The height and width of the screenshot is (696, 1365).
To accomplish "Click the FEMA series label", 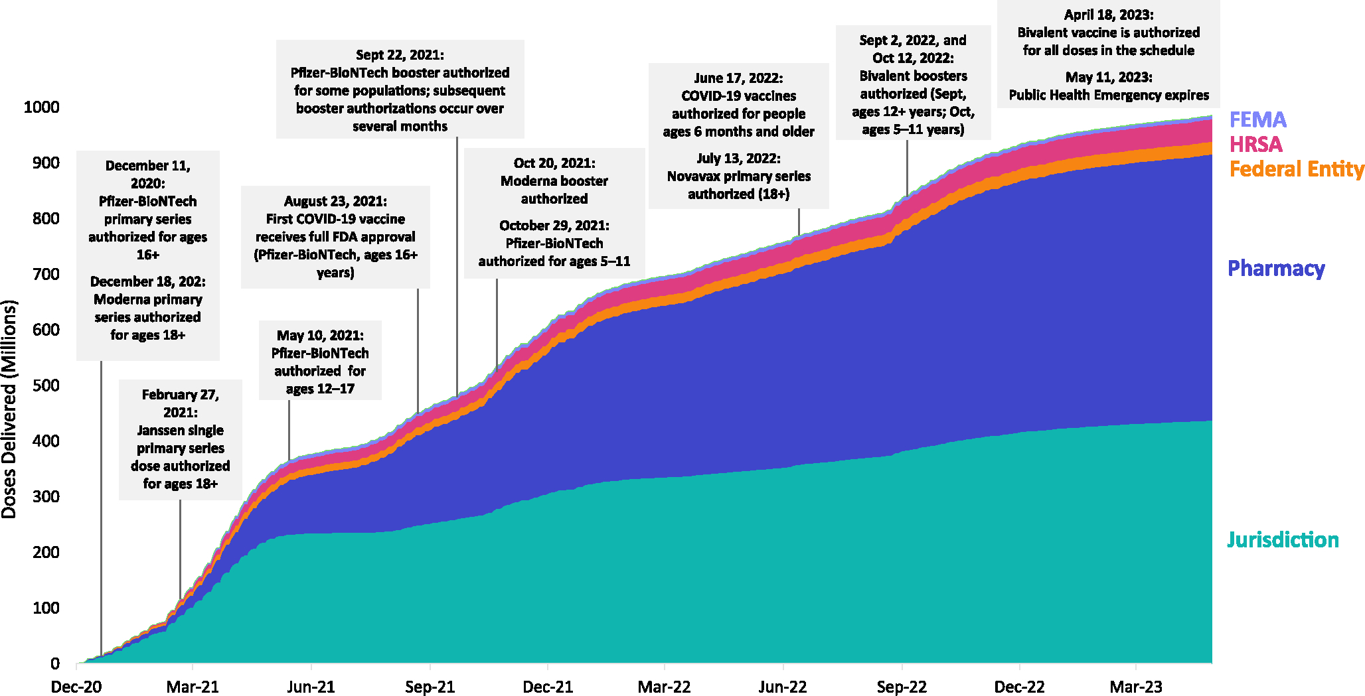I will pos(1257,119).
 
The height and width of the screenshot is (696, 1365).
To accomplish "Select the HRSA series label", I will pos(1255,144).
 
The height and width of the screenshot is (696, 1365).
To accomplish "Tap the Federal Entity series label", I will pos(1296,169).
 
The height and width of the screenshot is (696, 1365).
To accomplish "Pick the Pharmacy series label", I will pos(1276,268).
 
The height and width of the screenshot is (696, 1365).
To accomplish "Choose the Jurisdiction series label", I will pos(1283,540).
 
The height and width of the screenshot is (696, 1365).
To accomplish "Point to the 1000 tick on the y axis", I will pos(41,107).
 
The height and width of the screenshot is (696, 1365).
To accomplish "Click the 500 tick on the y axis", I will pos(45,385).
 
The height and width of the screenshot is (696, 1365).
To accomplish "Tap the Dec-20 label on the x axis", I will pos(76,687).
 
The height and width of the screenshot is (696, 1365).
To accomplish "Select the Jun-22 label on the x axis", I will pos(783,687).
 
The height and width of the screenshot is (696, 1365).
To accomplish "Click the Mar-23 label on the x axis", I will pos(1136,687).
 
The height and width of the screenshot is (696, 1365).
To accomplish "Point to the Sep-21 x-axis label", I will pos(430,687).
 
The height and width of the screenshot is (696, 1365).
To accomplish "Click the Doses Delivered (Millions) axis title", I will pos(9,409).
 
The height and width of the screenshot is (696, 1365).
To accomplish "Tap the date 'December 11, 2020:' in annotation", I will pos(147,174).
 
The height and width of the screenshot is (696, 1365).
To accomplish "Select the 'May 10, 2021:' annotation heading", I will pos(320,336).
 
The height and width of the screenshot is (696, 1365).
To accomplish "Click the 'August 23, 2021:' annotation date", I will pos(335,201).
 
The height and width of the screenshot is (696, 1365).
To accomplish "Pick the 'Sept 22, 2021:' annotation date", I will pos(400,55).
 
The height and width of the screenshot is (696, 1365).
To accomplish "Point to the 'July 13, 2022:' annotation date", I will pos(738,159).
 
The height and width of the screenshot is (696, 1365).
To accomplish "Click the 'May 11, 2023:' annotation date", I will pos(1109,77).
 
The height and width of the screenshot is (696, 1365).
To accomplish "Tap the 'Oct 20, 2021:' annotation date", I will pos(554,163).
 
